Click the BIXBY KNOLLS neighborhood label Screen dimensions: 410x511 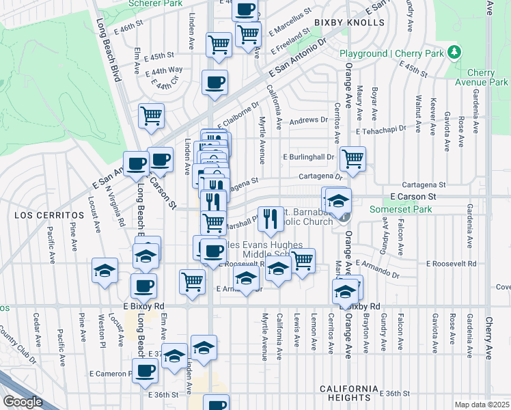coord(350,23)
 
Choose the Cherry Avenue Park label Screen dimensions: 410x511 coord(486,78)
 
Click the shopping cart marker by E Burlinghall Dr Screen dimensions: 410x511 coord(353,159)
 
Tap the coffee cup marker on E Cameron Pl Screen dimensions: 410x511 coord(144,372)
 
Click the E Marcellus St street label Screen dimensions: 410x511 coord(290,23)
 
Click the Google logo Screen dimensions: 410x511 coord(22,402)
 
